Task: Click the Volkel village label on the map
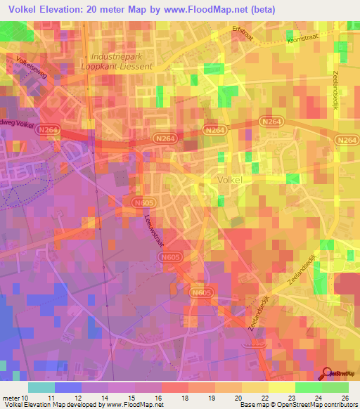(231, 180)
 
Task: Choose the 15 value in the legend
(132, 397)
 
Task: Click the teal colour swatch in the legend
(41, 387)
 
